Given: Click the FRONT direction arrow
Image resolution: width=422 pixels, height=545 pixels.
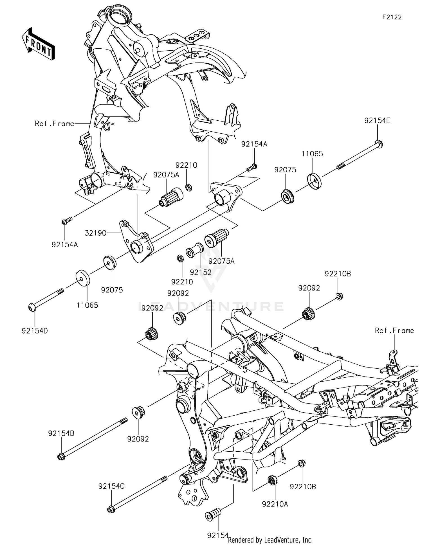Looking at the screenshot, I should [x=38, y=44].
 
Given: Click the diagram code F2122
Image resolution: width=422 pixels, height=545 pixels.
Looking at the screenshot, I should [x=392, y=17].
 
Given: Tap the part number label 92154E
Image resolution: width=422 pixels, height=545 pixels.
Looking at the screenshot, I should [x=377, y=121].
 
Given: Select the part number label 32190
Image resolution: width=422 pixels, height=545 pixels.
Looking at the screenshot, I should [x=96, y=233].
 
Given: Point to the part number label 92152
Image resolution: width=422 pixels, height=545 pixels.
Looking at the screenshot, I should [x=200, y=272].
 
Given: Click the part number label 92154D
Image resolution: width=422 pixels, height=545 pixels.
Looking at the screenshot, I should [x=35, y=331].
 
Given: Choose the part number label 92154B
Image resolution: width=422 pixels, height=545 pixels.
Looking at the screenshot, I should [x=61, y=433].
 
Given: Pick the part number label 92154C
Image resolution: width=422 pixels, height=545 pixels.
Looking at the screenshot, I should [x=111, y=486].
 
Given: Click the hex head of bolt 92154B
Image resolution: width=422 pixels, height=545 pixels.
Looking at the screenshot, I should [x=61, y=457].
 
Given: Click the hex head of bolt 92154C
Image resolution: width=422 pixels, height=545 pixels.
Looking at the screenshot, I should [x=111, y=509].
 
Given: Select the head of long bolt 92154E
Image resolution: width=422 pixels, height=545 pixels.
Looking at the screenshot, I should [x=379, y=144].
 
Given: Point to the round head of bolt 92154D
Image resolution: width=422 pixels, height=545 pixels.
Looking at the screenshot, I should [x=32, y=308].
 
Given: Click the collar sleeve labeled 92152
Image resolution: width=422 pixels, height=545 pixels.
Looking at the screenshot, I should [x=194, y=250].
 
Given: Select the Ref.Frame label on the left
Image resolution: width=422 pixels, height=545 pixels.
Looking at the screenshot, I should [x=54, y=123].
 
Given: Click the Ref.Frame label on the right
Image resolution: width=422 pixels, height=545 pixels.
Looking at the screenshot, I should [x=394, y=330].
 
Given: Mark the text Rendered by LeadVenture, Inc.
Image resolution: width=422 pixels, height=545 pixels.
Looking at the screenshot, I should [x=270, y=540].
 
